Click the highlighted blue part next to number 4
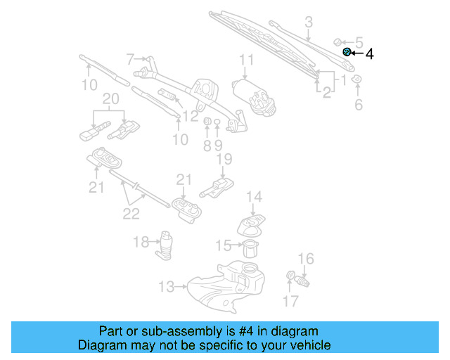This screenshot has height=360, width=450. (347, 53)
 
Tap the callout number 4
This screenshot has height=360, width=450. (369, 53)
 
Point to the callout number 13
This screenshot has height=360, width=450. (166, 286)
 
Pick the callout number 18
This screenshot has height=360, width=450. (141, 242)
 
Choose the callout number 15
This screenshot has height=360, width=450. (223, 245)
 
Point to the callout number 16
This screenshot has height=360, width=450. (306, 259)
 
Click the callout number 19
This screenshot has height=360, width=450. (224, 160)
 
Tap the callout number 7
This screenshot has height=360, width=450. (130, 58)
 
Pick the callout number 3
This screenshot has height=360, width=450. (308, 23)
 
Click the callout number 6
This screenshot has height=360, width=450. (358, 105)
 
